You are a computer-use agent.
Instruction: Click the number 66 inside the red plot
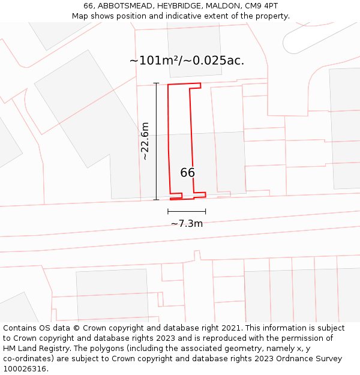(x=187, y=173)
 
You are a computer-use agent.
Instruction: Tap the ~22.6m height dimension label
(x=145, y=141)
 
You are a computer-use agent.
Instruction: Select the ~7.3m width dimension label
(x=187, y=224)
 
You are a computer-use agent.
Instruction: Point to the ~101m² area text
(x=152, y=61)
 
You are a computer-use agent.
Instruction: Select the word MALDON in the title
(x=226, y=6)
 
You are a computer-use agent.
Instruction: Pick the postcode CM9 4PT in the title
(x=262, y=6)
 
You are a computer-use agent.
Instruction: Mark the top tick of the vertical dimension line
(x=157, y=83)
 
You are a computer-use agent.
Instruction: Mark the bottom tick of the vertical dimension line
(x=157, y=200)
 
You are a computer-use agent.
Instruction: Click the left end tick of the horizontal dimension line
(x=168, y=211)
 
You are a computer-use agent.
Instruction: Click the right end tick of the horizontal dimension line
(x=206, y=211)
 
